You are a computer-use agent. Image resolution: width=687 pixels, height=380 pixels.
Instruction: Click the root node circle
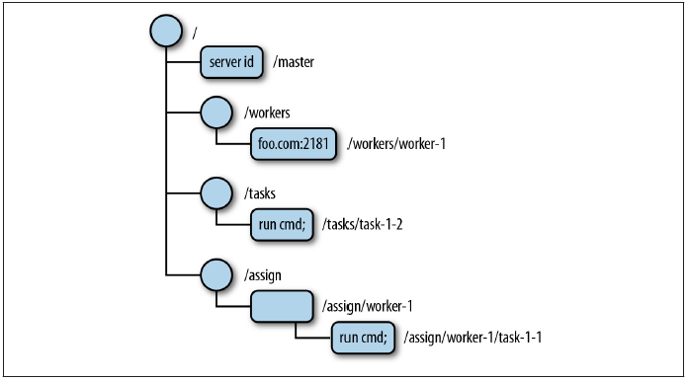[x=166, y=30]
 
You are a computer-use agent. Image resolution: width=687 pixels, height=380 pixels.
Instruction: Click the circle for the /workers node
[x=215, y=112]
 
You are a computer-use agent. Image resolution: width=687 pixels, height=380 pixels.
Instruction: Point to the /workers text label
[x=266, y=112]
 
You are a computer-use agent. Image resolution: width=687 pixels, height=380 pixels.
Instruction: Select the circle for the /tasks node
[x=215, y=193]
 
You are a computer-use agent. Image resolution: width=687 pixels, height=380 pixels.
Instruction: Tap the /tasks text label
[x=259, y=193]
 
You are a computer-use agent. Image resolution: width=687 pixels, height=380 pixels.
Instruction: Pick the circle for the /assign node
[x=215, y=274]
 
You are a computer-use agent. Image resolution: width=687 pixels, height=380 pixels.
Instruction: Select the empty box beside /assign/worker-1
[x=281, y=306]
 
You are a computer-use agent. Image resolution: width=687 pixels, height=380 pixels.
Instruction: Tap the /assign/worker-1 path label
[x=366, y=307]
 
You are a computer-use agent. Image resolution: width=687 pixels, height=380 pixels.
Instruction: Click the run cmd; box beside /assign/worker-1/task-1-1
[x=364, y=338]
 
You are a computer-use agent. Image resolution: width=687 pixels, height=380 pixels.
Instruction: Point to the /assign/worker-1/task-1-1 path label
[x=472, y=338]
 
